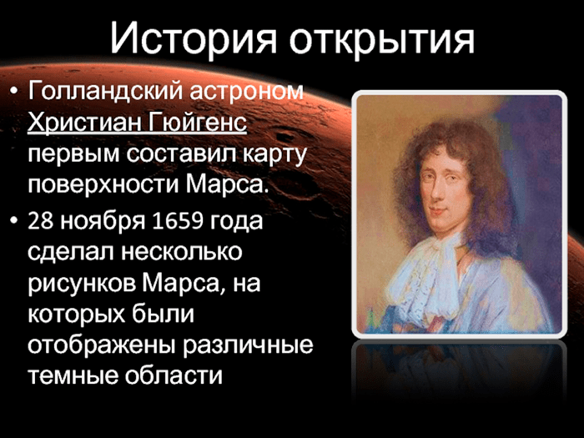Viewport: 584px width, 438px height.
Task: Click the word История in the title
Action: click(193, 39)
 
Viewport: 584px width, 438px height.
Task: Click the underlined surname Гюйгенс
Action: click(197, 122)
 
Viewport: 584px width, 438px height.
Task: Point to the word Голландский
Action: click(106, 92)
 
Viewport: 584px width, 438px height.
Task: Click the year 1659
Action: click(178, 220)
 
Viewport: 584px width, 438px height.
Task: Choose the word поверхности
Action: click(103, 185)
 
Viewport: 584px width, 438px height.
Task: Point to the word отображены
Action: click(102, 345)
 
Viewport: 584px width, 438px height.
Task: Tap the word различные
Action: click(248, 346)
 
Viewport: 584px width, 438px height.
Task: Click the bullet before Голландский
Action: click(14, 91)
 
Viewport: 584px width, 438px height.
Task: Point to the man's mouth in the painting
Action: click(439, 210)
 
